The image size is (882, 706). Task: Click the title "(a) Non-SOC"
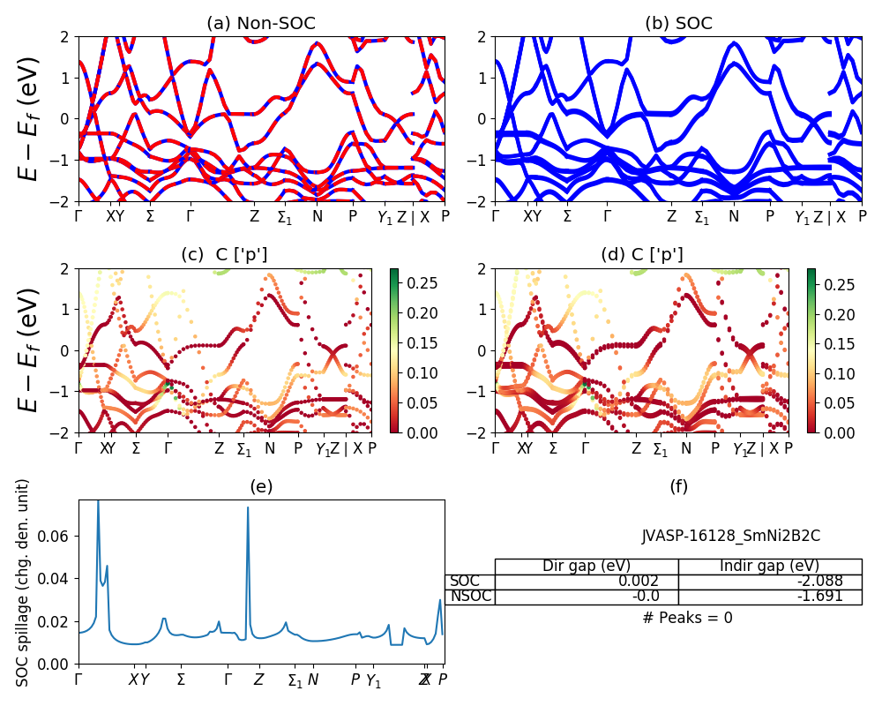261,24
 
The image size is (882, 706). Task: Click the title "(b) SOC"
678,24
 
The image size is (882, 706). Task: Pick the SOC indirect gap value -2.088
819,582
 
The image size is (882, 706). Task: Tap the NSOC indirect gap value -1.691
819,597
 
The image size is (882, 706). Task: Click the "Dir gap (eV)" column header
587,567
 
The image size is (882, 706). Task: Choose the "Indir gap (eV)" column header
770,567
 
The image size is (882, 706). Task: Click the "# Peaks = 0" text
687,618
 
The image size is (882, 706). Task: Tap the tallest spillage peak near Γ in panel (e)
98,502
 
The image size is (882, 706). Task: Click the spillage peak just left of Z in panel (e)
248,507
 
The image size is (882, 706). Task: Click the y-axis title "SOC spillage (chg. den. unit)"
24,582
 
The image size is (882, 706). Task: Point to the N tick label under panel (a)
318,216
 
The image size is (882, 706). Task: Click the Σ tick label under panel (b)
567,216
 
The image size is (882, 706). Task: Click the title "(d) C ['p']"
641,256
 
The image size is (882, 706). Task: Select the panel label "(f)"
678,486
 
